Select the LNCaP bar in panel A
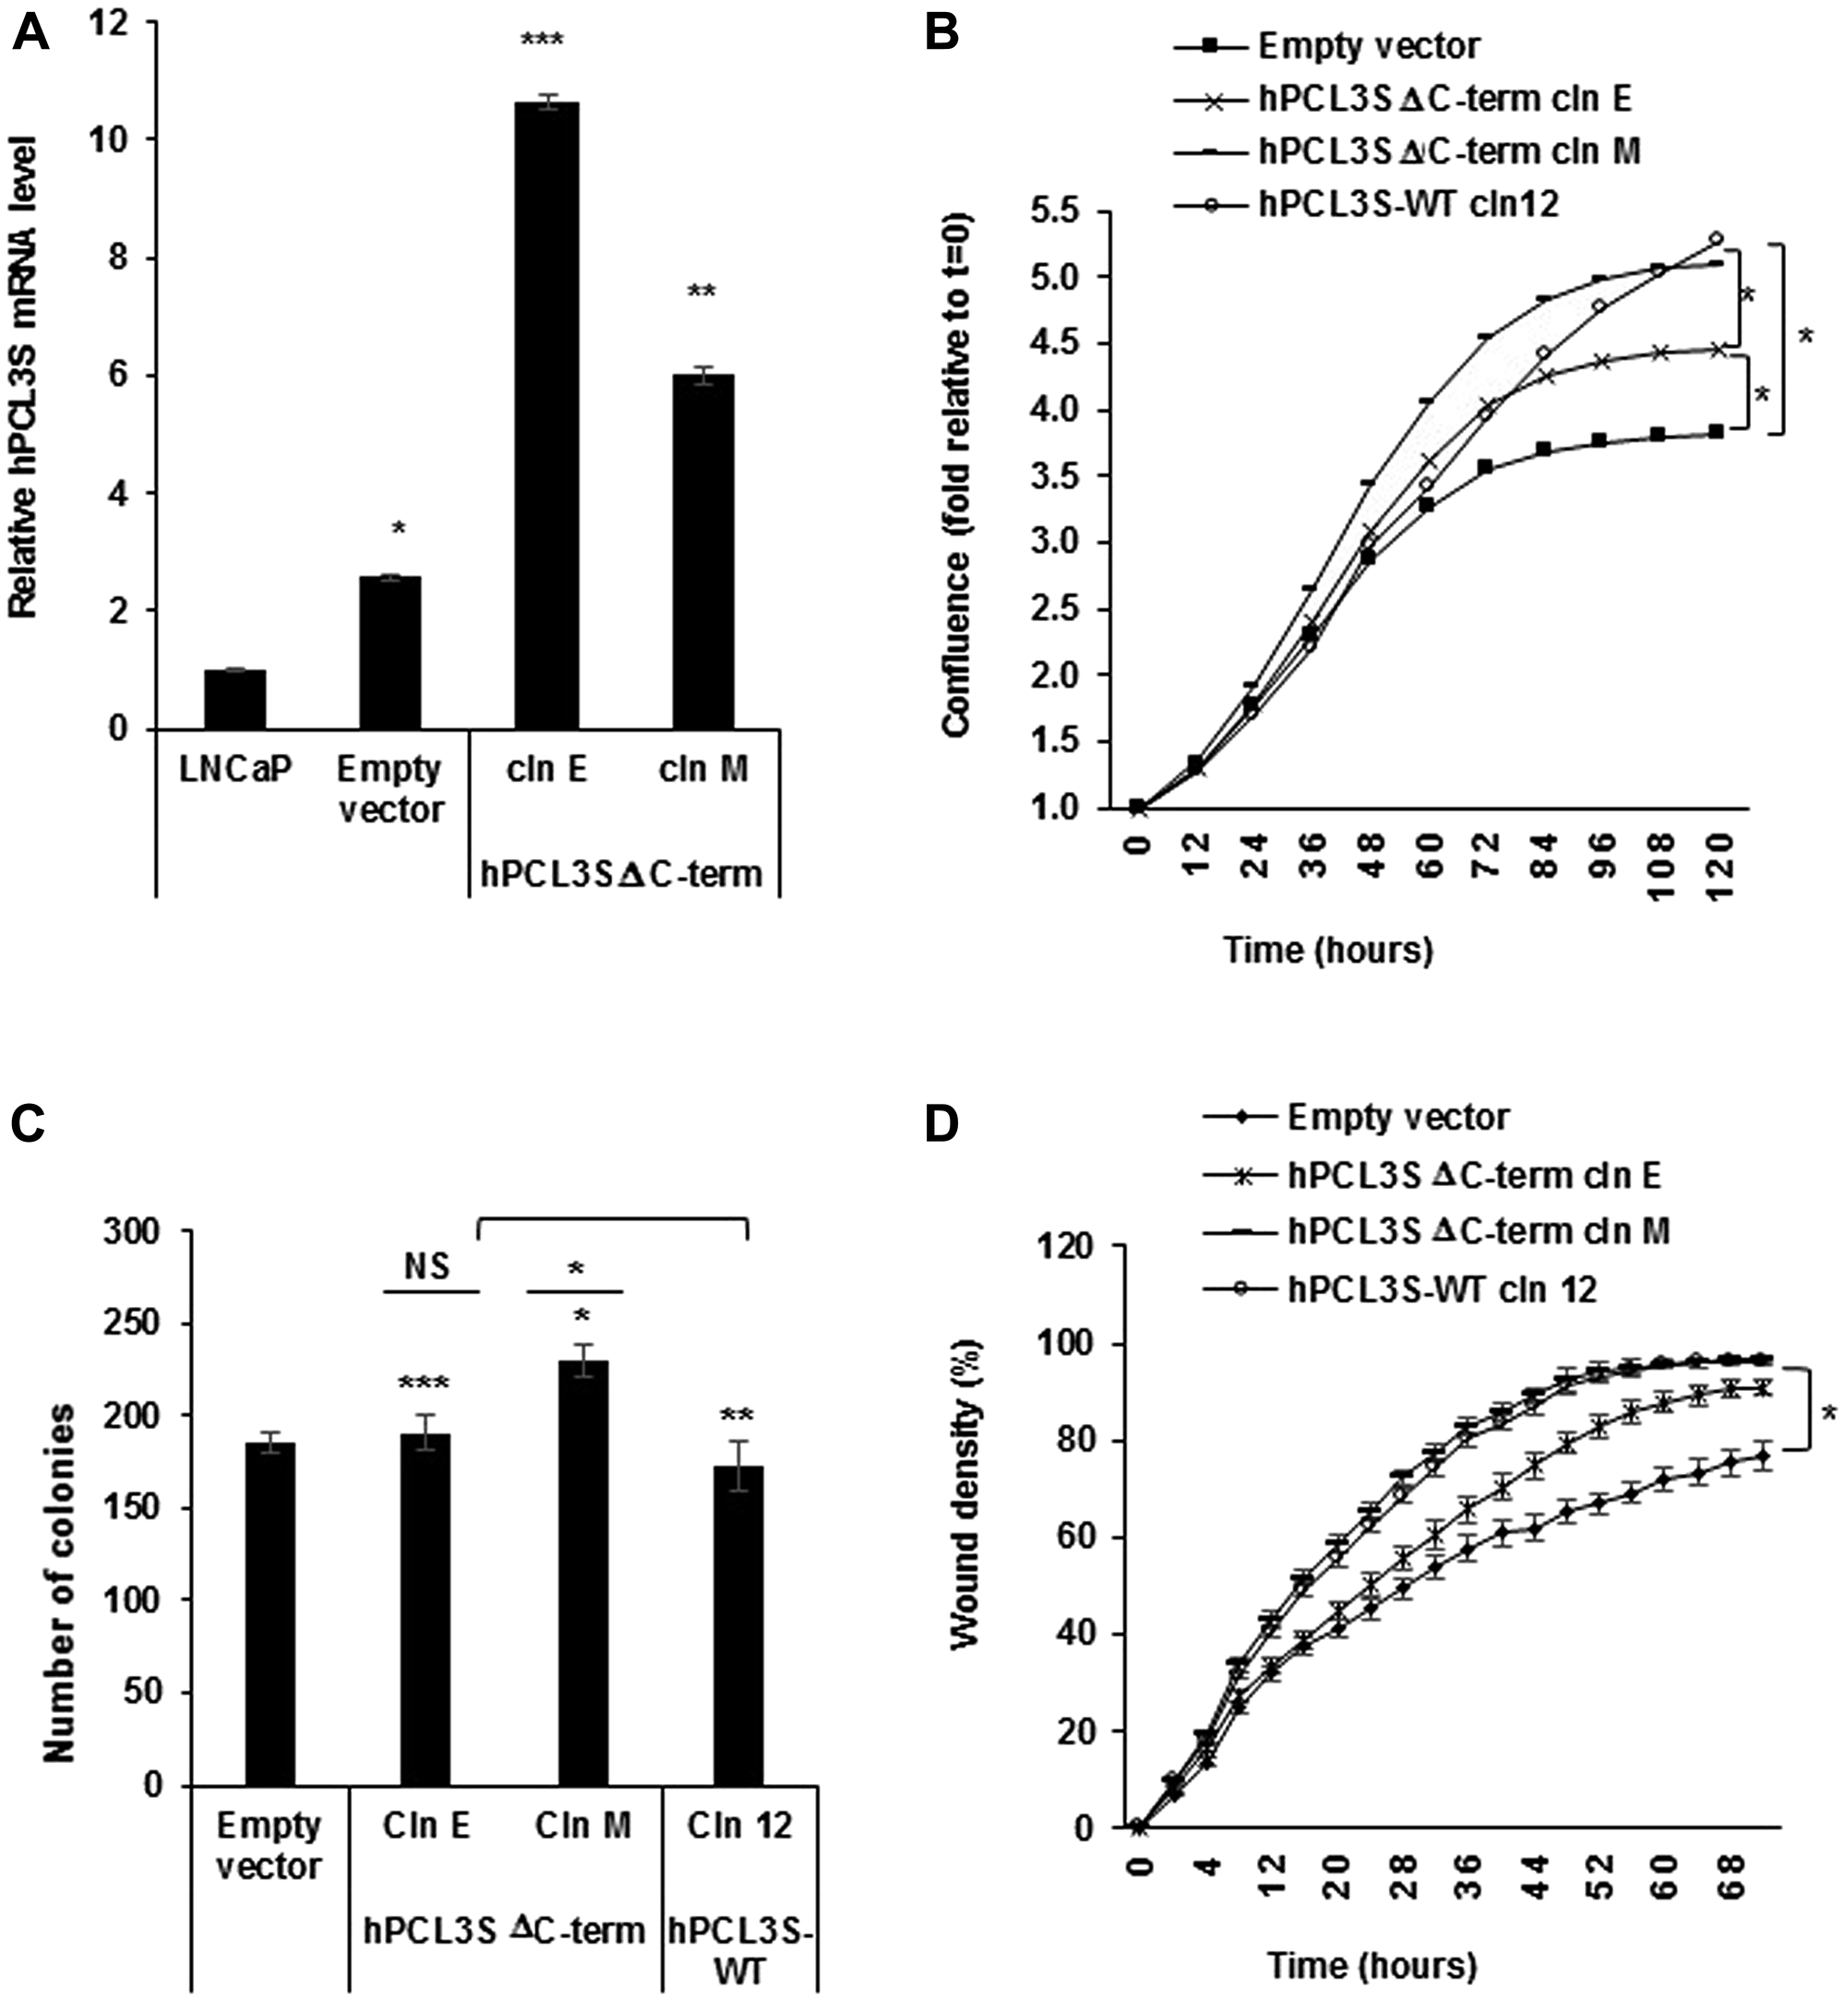234,699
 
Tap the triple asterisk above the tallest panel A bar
543,41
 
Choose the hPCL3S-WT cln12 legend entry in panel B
1408,204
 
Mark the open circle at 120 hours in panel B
1717,239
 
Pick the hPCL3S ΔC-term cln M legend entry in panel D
1479,1232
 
